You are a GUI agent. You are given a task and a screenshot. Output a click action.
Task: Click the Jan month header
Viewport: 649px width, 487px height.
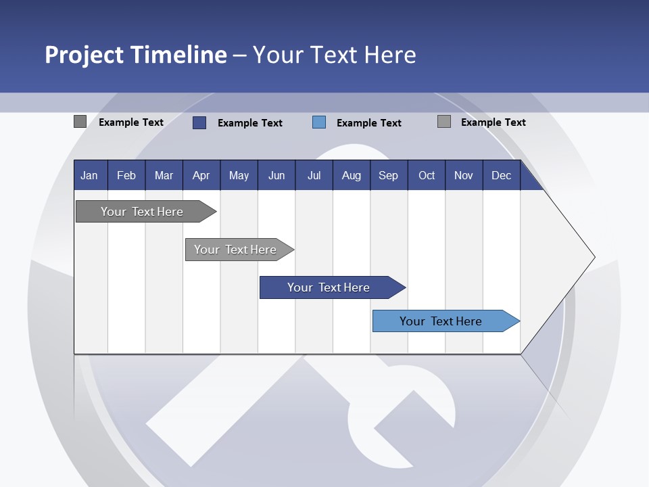89,175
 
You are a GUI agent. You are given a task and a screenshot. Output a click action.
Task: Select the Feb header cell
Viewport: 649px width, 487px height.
126,175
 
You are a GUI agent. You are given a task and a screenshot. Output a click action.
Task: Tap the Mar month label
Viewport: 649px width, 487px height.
164,175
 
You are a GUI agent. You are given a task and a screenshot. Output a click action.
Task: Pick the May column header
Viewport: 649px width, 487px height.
239,175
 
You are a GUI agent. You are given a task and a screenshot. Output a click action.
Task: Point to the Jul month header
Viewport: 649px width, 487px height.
314,175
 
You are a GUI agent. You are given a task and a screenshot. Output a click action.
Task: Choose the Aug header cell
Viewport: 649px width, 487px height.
352,175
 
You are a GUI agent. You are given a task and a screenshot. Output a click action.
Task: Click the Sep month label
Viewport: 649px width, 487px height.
389,175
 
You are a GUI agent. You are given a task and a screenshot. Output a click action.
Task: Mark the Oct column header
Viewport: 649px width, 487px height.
427,175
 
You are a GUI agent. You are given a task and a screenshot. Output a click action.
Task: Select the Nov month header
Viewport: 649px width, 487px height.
464,175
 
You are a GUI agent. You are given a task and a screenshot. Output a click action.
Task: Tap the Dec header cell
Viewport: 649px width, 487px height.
502,175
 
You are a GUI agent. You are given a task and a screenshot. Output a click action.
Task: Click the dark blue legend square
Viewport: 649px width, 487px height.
199,122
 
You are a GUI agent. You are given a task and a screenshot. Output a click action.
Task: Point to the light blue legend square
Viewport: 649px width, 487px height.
319,122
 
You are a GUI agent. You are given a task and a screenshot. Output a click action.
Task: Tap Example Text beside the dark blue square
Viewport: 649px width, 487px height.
250,123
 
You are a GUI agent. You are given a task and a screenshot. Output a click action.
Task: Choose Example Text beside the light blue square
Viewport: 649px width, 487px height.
369,123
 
